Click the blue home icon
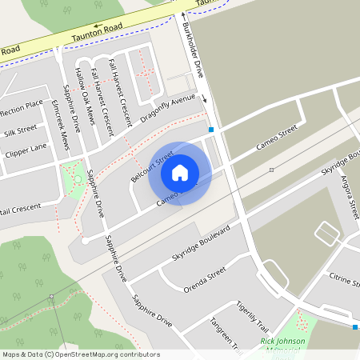(180, 172)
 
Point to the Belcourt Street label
(152, 166)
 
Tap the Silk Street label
(19, 129)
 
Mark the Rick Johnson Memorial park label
(283, 346)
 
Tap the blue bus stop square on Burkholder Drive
(211, 129)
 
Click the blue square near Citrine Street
(354, 326)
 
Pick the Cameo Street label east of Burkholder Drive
(276, 138)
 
